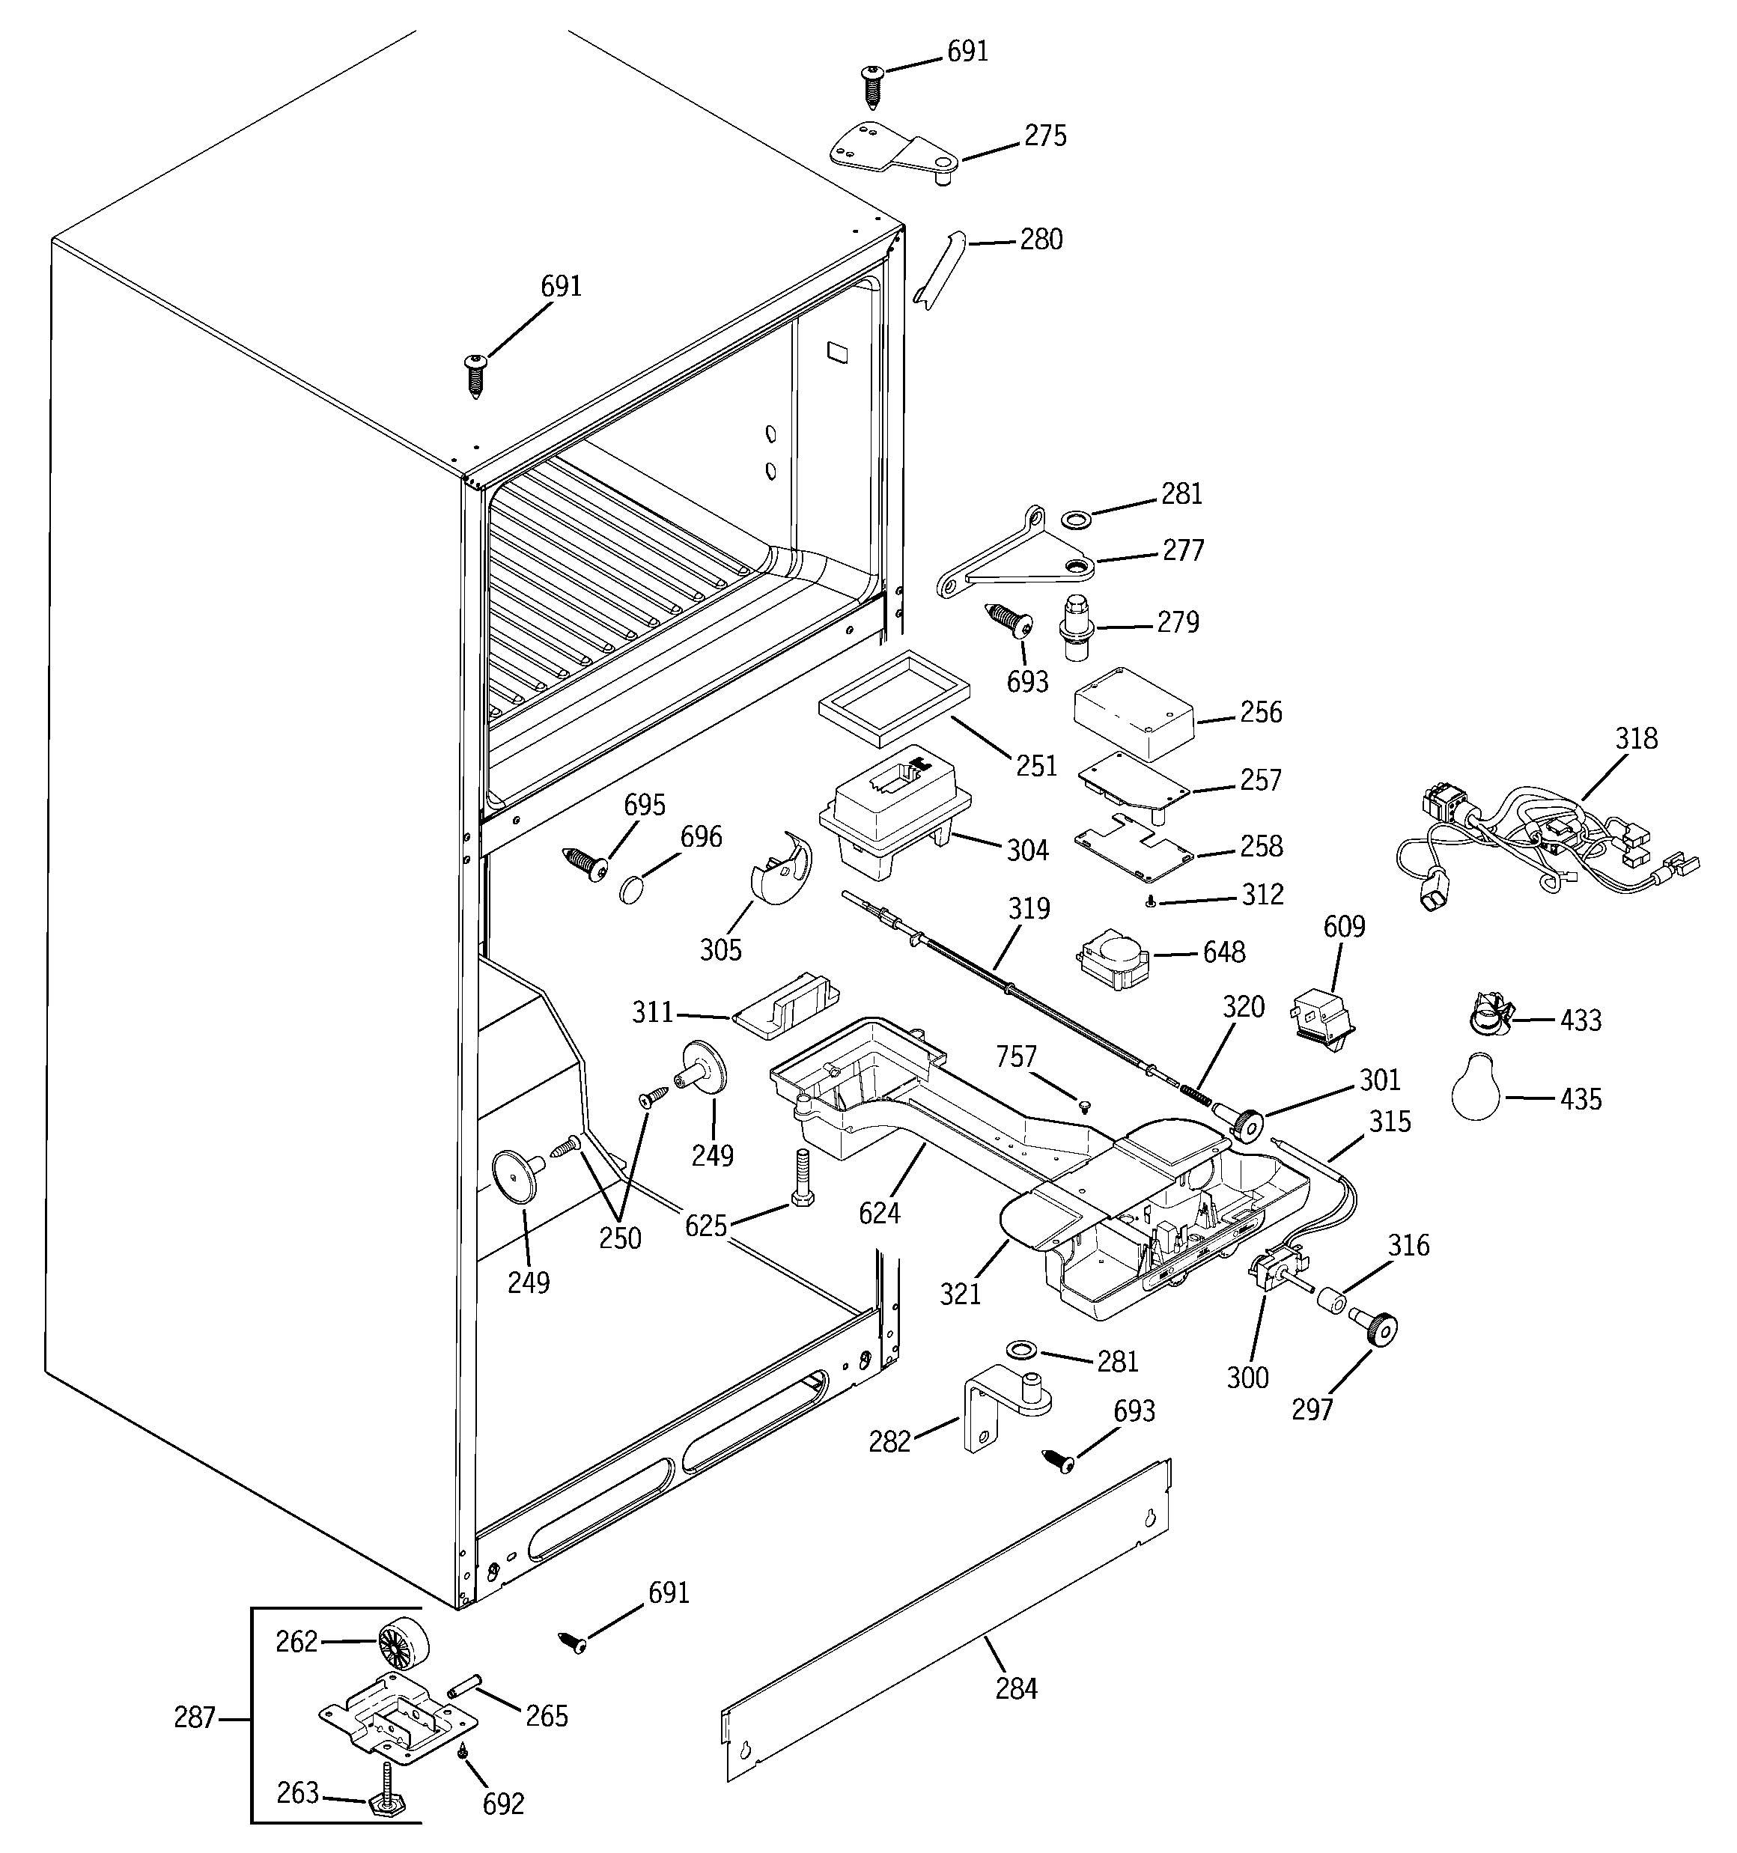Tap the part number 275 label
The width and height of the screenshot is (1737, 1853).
pos(1045,136)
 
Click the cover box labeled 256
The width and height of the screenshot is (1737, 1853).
pos(1133,713)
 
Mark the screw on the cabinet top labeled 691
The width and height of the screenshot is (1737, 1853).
pos(476,374)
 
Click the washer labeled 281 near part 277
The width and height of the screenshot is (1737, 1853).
pos(1077,517)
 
